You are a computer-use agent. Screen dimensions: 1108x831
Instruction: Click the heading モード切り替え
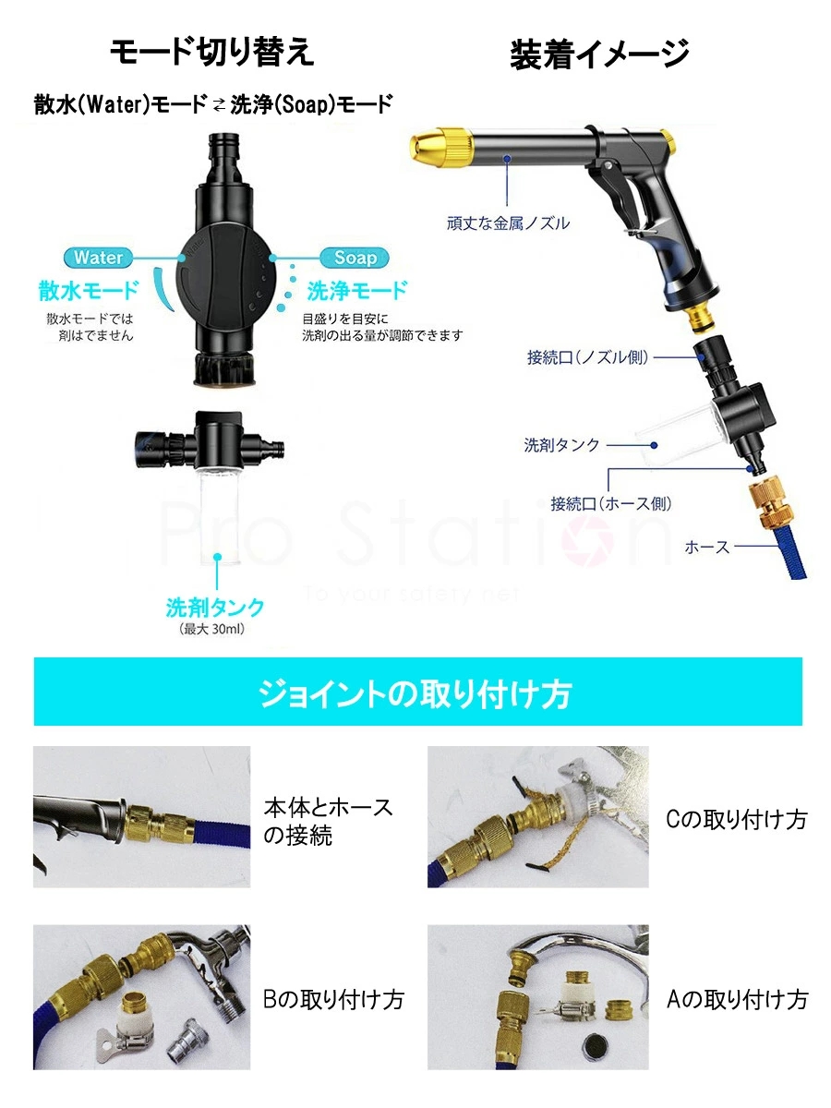[212, 53]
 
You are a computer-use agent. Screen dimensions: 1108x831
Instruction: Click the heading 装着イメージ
[599, 54]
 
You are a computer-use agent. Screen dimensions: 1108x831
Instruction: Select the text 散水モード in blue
[89, 292]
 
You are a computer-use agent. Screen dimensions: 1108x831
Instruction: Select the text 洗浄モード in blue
[356, 292]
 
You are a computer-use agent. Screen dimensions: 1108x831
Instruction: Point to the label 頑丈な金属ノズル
[508, 223]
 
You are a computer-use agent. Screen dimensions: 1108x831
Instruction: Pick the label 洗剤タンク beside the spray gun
[561, 445]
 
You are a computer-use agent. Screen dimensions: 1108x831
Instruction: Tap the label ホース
[707, 547]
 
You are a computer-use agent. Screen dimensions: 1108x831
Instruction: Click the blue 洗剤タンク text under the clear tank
[215, 608]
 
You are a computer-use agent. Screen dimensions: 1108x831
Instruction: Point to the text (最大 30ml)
[215, 630]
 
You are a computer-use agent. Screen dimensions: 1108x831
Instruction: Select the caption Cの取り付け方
[736, 819]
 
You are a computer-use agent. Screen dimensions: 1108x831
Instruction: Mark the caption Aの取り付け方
[736, 998]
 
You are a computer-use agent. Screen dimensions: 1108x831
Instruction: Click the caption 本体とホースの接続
[328, 821]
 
